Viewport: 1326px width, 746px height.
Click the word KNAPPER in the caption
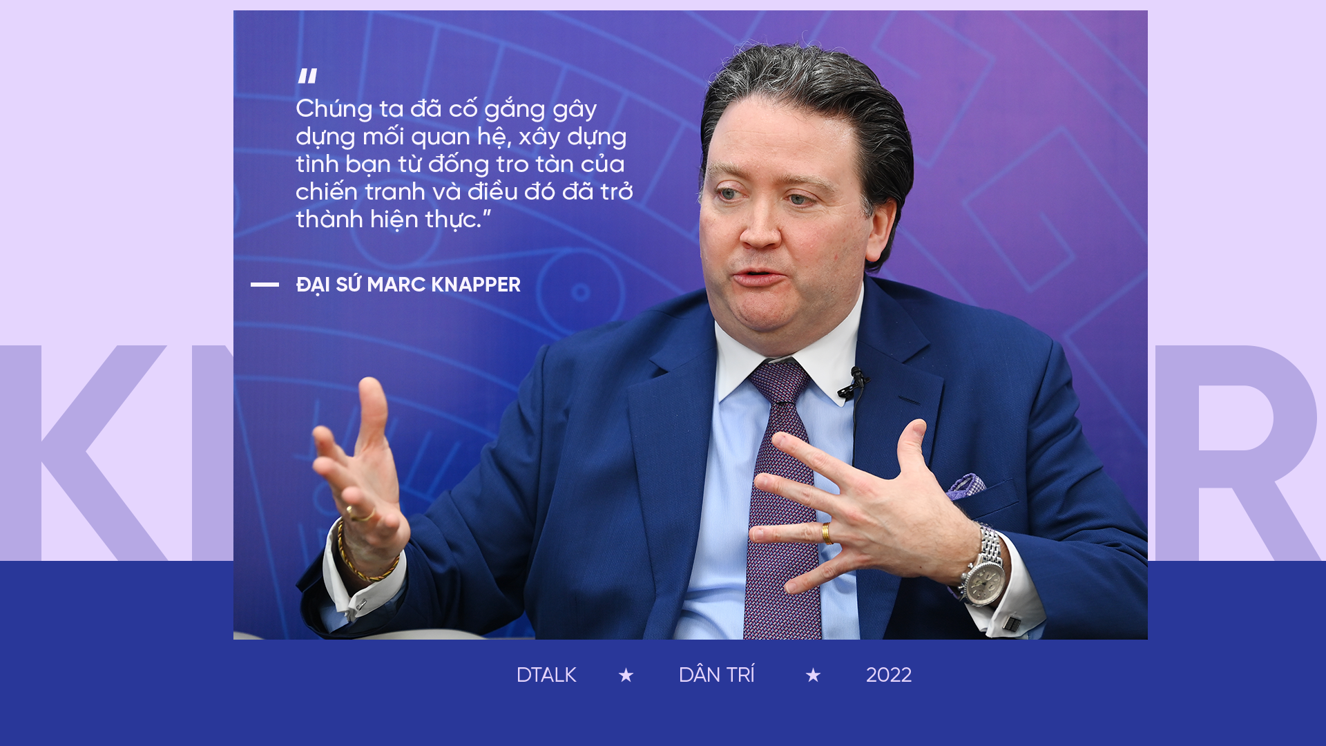476,285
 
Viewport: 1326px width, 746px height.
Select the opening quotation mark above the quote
308,76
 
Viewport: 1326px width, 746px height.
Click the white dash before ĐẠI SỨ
265,284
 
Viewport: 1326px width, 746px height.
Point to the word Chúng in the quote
334,110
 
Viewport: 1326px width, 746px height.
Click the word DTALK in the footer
546,675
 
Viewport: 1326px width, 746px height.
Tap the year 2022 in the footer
888,675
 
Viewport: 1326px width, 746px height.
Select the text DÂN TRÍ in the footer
716,675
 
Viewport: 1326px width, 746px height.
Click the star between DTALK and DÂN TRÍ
626,675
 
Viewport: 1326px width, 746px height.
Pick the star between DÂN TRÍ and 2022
813,675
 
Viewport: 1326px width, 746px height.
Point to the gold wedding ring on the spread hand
827,533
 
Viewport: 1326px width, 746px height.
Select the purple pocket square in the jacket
965,486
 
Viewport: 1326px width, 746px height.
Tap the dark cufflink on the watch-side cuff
1012,623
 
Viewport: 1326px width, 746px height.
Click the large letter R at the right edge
1236,452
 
